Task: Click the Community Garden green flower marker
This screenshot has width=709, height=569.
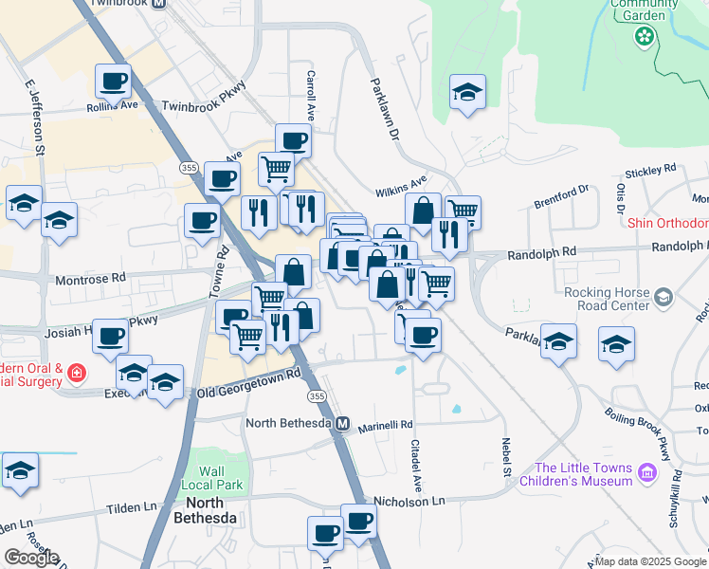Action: tap(645, 36)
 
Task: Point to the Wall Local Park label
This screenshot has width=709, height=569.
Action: tap(222, 478)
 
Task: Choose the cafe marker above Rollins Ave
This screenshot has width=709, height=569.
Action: tap(114, 82)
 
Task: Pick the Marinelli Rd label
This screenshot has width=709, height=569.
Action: tap(386, 426)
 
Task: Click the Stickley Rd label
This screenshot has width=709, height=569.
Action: tap(650, 171)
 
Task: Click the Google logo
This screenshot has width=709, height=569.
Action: tap(31, 558)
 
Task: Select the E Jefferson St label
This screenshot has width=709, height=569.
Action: tap(35, 119)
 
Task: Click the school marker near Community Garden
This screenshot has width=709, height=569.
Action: tap(466, 93)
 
